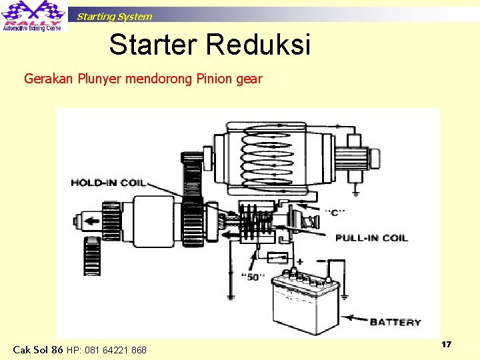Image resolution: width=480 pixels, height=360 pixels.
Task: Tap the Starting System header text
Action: pyautogui.click(x=114, y=17)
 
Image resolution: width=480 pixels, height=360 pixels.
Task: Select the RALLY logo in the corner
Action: pyautogui.click(x=33, y=16)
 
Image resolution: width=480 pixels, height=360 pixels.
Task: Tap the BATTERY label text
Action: pyautogui.click(x=395, y=322)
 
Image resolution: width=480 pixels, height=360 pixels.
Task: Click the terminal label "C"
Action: pyautogui.click(x=335, y=213)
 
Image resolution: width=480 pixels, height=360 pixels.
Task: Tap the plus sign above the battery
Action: pyautogui.click(x=299, y=262)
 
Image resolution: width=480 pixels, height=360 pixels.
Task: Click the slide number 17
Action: pyautogui.click(x=446, y=344)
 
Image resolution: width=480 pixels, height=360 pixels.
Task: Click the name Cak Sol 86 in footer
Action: pyautogui.click(x=39, y=349)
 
